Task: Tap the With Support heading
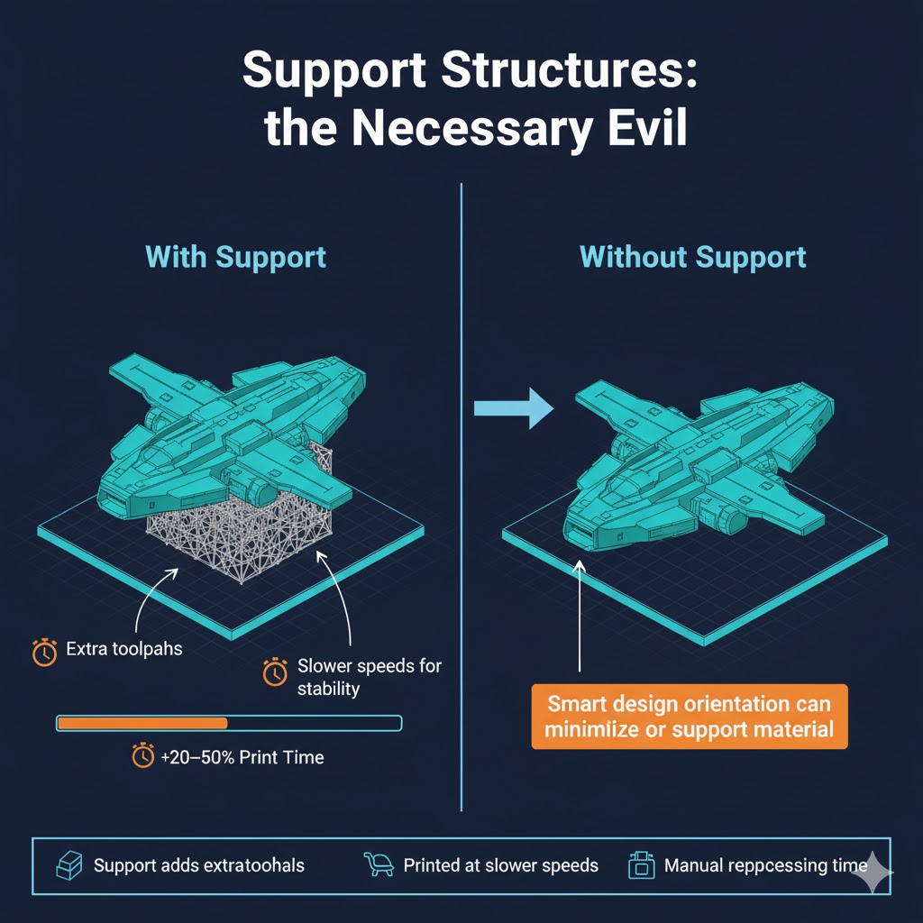click(235, 257)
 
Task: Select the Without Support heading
click(693, 257)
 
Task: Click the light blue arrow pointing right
click(513, 408)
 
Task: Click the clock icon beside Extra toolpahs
click(44, 652)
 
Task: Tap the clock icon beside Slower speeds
click(275, 672)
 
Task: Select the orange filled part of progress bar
click(142, 724)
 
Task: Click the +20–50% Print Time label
click(242, 757)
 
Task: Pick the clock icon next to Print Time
click(143, 755)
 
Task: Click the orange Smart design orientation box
click(690, 717)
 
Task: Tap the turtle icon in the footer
click(379, 864)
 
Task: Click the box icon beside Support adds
click(69, 865)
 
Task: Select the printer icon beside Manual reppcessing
click(641, 864)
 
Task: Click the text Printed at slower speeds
click(501, 865)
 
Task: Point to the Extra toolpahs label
click(124, 649)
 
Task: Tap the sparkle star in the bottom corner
click(873, 873)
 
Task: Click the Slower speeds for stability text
click(369, 677)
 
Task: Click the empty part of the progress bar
click(314, 724)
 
